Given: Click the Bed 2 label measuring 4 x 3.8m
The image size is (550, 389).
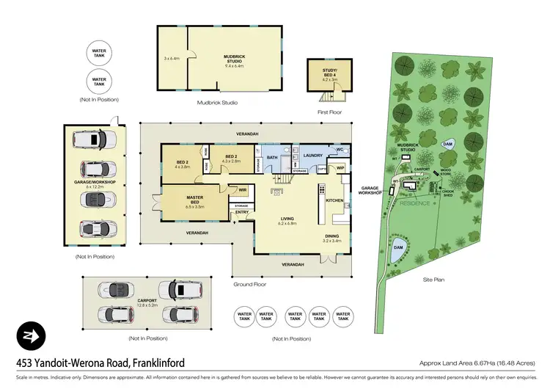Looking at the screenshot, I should (183, 164).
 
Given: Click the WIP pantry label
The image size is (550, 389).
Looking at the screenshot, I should (340, 168).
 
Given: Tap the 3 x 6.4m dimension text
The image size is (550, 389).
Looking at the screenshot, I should (172, 57).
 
